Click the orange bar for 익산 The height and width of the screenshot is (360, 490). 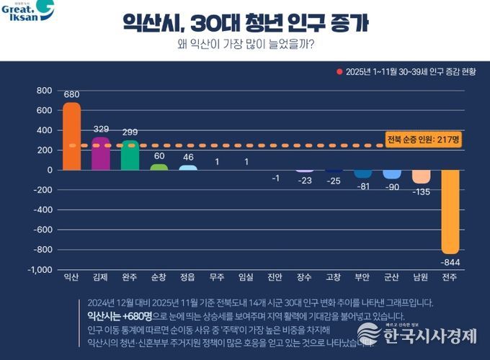71,136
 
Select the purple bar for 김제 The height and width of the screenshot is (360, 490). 101,153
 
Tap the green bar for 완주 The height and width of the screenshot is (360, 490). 130,155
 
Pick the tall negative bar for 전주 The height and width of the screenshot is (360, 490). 451,212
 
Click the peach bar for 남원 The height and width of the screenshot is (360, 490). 421,176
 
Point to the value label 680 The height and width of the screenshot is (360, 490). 71,94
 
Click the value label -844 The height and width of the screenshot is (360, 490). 451,261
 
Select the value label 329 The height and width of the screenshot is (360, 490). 101,130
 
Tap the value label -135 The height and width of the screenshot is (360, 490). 421,192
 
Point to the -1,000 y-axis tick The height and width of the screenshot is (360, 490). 39,269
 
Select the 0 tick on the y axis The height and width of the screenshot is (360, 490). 49,170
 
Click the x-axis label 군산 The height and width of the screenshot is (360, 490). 392,277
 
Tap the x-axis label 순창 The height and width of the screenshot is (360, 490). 159,277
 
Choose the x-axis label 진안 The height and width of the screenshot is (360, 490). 275,277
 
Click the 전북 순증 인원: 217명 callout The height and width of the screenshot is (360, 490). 423,139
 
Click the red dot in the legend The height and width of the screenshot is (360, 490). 339,72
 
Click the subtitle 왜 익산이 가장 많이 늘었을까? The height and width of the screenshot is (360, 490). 245,45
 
